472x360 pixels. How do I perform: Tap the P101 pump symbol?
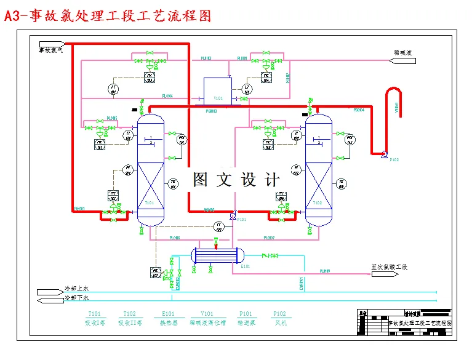232,215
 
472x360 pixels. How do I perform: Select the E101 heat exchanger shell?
217,254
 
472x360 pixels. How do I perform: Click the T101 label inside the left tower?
148,202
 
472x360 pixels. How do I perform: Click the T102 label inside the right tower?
318,202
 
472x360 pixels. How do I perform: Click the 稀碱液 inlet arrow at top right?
404,60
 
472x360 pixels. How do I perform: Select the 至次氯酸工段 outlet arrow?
388,267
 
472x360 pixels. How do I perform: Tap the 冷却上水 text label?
77,289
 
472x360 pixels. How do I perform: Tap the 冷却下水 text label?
77,298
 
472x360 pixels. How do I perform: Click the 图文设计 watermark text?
236,180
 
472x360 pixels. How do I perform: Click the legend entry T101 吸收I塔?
95,318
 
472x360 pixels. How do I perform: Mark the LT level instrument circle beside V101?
248,89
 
